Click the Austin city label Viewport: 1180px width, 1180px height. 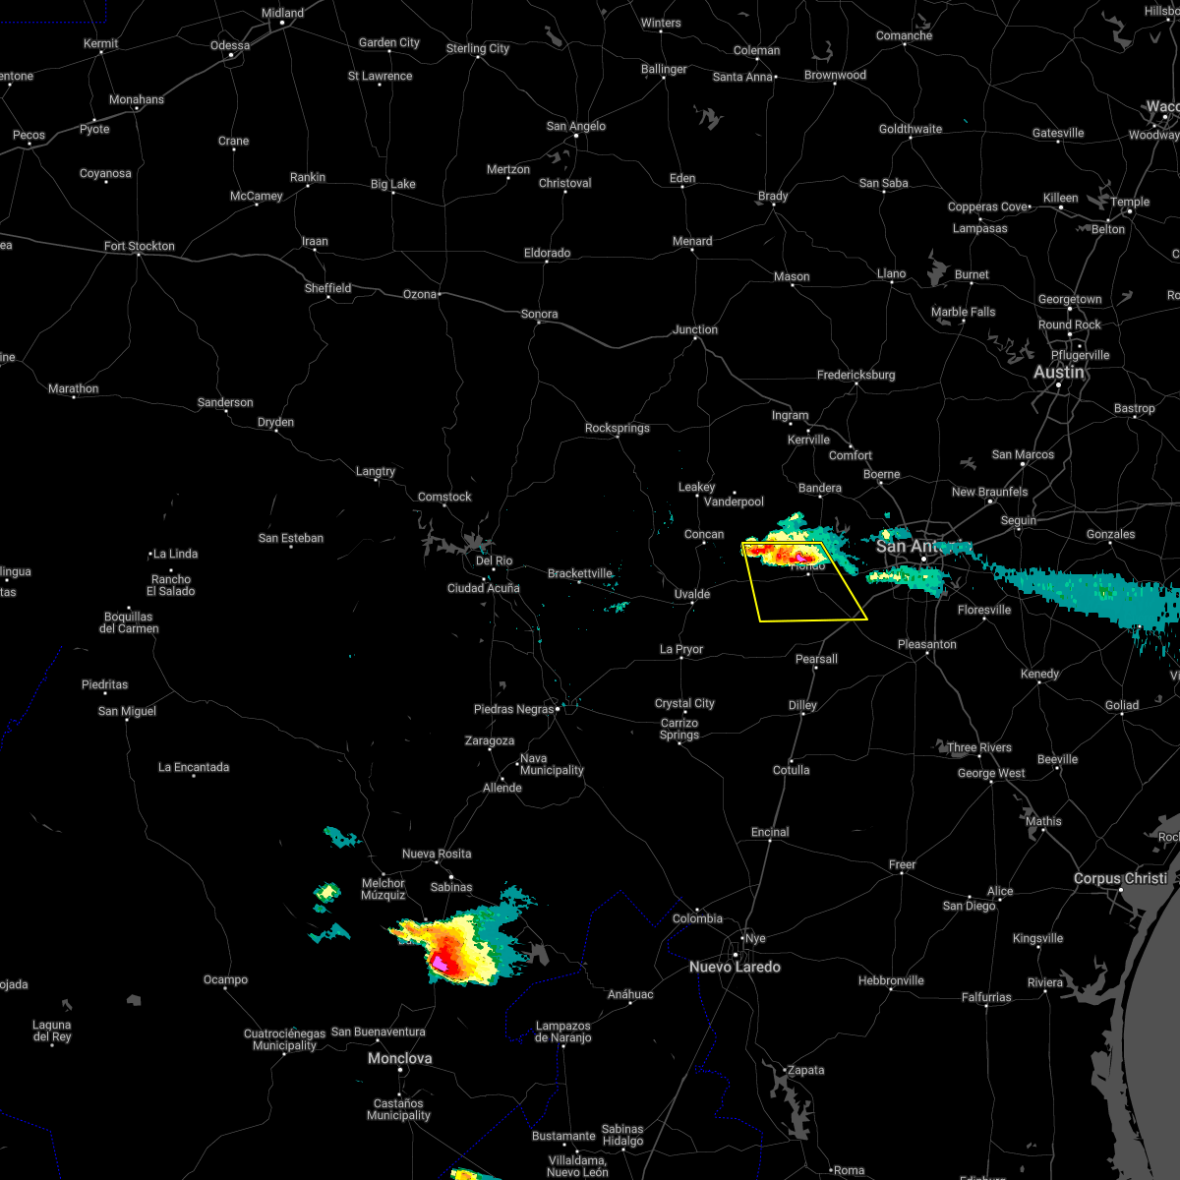click(1059, 373)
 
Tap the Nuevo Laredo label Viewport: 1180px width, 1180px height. click(735, 967)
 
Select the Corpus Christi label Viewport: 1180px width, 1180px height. click(1120, 878)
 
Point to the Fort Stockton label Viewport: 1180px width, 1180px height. click(140, 246)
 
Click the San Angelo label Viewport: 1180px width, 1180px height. click(576, 126)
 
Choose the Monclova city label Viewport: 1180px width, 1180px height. click(399, 1058)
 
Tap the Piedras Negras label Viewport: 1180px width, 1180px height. click(513, 709)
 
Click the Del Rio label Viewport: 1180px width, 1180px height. click(494, 560)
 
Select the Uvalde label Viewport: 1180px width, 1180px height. click(692, 594)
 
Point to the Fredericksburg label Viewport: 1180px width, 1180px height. click(855, 375)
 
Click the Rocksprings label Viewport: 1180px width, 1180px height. click(617, 428)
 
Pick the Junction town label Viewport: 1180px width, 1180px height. click(695, 329)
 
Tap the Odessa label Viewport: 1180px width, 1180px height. click(230, 45)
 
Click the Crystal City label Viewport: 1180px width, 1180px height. click(684, 703)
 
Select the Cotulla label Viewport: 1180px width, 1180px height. click(791, 770)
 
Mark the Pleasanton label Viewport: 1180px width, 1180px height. click(926, 644)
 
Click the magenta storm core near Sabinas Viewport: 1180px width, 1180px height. click(442, 965)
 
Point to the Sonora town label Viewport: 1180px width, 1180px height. click(539, 314)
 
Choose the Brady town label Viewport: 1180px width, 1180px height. click(773, 196)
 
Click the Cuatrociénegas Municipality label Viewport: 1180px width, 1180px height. click(284, 1039)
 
